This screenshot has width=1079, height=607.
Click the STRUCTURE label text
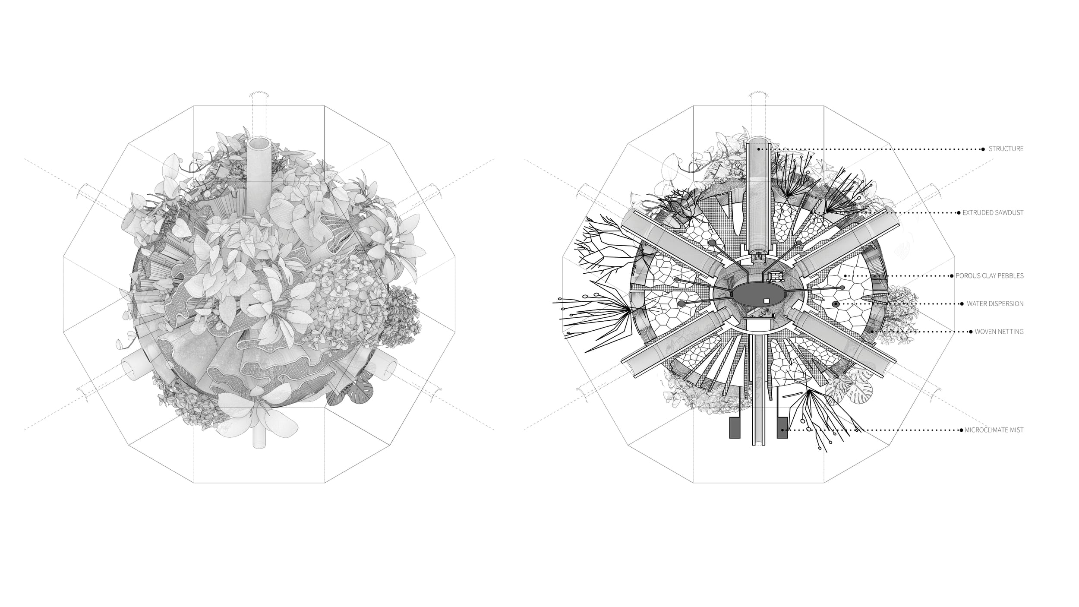pyautogui.click(x=1006, y=149)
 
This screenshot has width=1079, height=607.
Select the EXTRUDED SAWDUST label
pyautogui.click(x=993, y=213)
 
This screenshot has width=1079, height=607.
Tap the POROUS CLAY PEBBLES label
pyautogui.click(x=989, y=276)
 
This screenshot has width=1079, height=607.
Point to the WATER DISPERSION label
pyautogui.click(x=995, y=304)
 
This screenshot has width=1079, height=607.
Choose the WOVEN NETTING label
pyautogui.click(x=999, y=332)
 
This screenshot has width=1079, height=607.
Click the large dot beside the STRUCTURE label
pyautogui.click(x=983, y=149)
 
